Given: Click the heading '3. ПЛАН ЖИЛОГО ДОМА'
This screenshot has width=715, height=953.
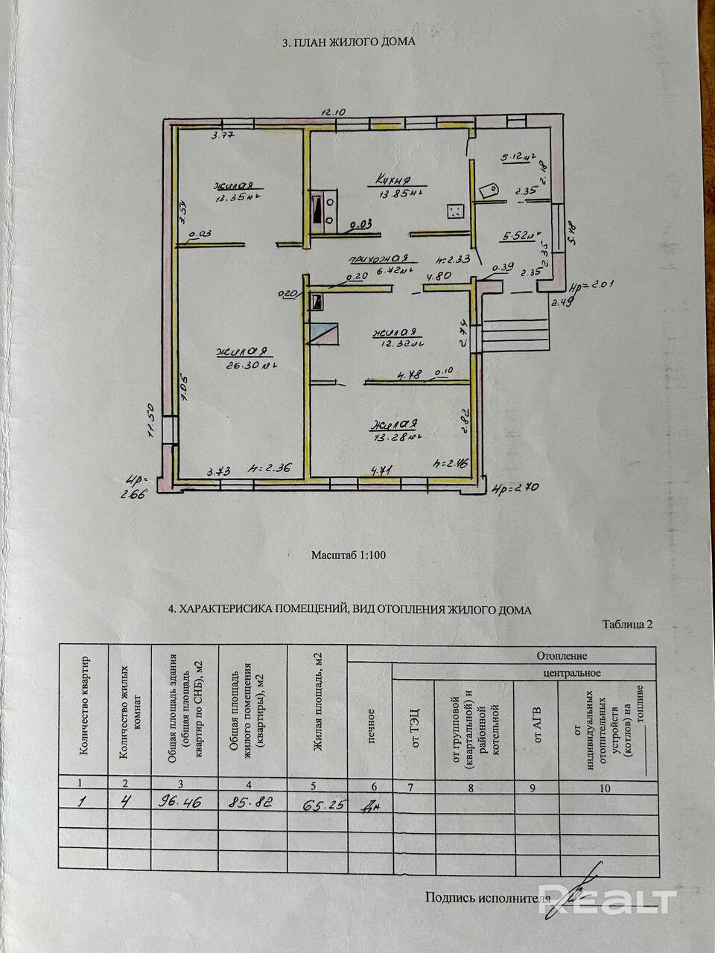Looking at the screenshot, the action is pos(349,42).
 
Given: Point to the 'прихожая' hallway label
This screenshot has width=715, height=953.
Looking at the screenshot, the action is pos(365,260).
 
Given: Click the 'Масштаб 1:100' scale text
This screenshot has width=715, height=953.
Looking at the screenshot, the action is pos(349,555).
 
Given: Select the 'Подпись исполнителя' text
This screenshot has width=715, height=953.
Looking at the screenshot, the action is pos(481,897).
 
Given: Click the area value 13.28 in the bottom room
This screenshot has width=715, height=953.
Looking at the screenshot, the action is pos(393,437).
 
